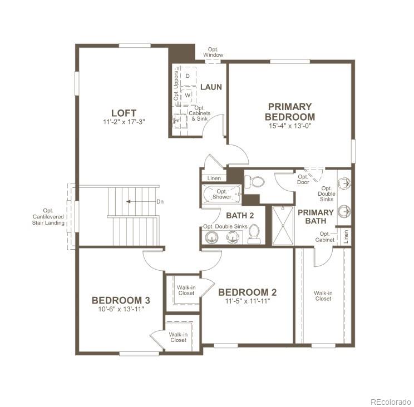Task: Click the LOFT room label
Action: (x=124, y=113)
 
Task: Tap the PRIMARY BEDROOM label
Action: (x=289, y=111)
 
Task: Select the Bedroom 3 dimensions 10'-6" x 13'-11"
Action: (x=121, y=309)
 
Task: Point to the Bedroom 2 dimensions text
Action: (x=248, y=302)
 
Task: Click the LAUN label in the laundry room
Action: (x=211, y=87)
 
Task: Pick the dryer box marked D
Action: (x=188, y=75)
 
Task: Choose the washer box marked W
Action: (x=188, y=95)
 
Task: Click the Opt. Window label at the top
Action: (x=213, y=52)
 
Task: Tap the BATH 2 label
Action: (x=240, y=215)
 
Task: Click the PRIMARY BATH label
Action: (x=316, y=216)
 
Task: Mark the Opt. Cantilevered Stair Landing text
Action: (x=48, y=216)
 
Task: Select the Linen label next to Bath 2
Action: (x=214, y=178)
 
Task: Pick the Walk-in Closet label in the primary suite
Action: (x=323, y=295)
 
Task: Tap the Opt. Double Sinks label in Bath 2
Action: (x=225, y=226)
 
